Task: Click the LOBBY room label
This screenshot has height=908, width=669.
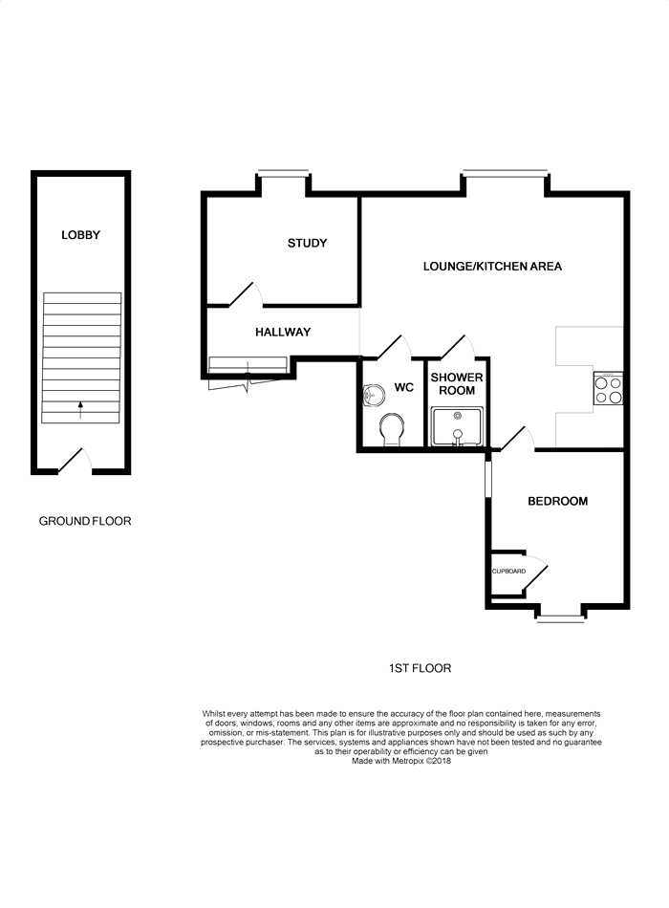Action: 80,234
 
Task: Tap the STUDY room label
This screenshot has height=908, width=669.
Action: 307,243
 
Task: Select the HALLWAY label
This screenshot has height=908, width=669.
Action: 283,332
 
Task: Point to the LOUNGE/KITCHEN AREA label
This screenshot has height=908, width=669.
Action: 492,267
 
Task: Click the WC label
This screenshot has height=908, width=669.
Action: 403,387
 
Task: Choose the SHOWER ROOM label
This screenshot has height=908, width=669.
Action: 457,384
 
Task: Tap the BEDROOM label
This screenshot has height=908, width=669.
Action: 557,501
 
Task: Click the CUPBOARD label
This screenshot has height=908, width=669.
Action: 508,571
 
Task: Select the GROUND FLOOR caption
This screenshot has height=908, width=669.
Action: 85,521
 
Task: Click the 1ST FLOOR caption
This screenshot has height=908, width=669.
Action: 420,668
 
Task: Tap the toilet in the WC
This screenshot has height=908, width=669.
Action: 392,431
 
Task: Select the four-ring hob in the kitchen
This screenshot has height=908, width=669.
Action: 608,389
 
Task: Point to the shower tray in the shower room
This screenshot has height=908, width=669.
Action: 457,427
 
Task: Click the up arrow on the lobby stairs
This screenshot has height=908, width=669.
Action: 80,409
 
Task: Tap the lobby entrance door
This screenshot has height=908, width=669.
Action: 75,461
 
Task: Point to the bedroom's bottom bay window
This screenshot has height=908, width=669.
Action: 560,619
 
